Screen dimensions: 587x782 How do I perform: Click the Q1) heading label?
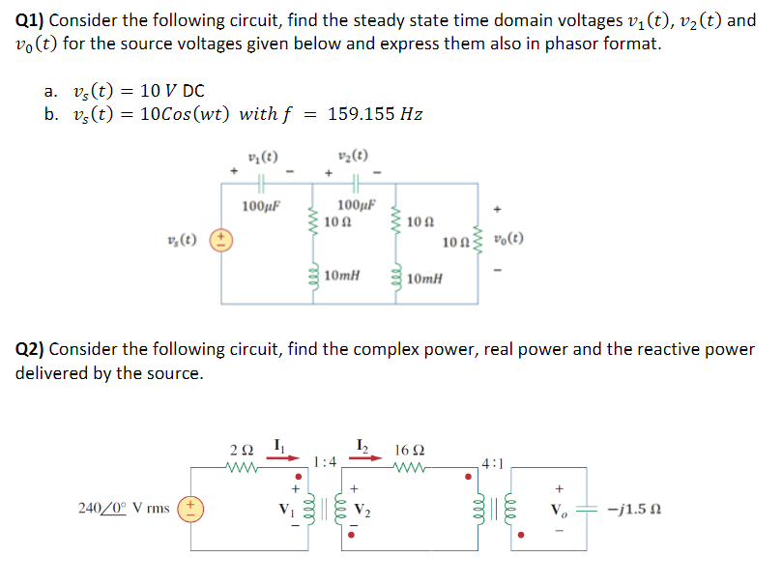click(30, 20)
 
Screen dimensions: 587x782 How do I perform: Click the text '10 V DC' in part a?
click(172, 91)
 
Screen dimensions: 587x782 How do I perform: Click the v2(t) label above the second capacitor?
click(354, 158)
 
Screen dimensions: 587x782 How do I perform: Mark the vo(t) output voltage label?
click(509, 239)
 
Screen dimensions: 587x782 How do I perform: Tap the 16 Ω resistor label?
click(407, 450)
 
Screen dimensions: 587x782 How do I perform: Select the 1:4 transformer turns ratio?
click(325, 461)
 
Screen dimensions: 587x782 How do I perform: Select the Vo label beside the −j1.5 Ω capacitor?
click(559, 506)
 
